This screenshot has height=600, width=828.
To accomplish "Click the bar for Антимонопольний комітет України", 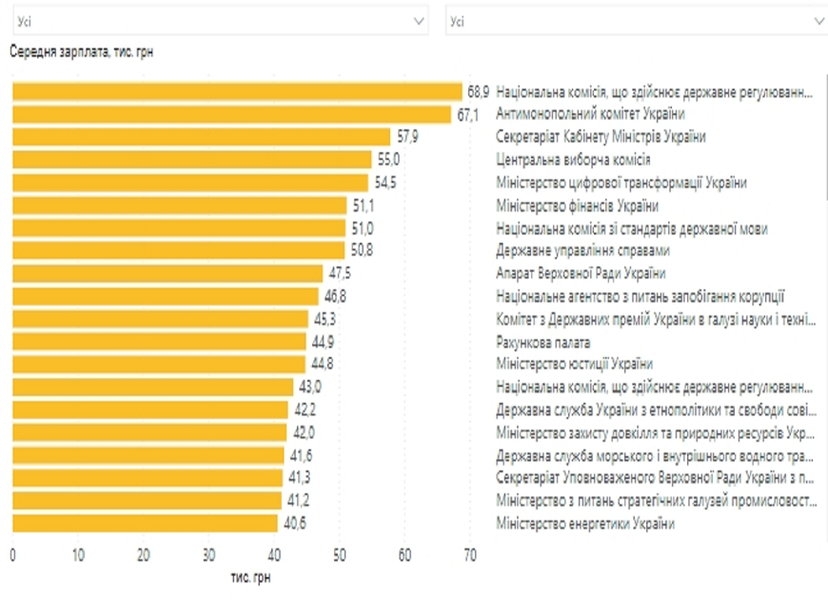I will (x=231, y=114).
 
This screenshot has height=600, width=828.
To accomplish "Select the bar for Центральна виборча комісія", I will (x=191, y=160).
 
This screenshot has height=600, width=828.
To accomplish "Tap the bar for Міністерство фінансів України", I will (x=179, y=205).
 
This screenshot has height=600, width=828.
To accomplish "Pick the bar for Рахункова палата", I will (x=159, y=341).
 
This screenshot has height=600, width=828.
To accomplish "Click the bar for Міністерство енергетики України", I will (x=145, y=523).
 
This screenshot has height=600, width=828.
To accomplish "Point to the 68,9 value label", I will (x=478, y=91).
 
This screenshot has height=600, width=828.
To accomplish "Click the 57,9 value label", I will (x=405, y=137).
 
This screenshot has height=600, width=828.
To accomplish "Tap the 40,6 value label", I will (x=293, y=523).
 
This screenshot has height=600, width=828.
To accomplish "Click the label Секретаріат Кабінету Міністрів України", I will (x=601, y=137).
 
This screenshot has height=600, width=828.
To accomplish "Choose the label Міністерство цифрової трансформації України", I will (x=621, y=183).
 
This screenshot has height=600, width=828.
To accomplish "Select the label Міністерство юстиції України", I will (x=574, y=364).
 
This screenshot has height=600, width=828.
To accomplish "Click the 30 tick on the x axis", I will (x=209, y=555).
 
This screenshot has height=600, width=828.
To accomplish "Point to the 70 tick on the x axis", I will (x=470, y=555).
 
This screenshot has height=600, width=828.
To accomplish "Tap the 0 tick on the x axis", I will (x=12, y=555).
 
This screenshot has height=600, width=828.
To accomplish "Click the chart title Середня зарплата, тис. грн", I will (x=81, y=52).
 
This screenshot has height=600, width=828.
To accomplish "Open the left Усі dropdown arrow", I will (x=420, y=20).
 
